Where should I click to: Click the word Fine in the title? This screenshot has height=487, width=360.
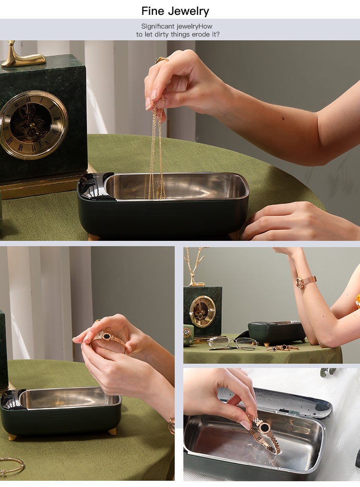(x=153, y=11)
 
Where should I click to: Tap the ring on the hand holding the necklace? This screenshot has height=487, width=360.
(x=161, y=59)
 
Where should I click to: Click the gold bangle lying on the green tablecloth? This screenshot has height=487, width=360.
(x=12, y=466)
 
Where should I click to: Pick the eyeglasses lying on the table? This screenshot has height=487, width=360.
(x=233, y=344)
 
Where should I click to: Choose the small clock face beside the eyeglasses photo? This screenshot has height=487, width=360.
(x=203, y=311)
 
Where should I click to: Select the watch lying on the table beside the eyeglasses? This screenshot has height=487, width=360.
(x=283, y=348)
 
